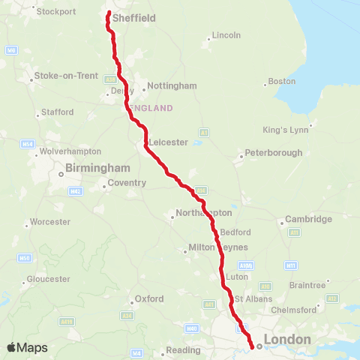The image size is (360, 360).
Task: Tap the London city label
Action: tap(287, 340)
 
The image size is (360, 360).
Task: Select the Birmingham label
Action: tap(98, 168)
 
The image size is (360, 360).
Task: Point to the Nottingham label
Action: tap(172, 85)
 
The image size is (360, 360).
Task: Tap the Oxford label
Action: tap(148, 298)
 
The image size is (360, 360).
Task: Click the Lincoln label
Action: tap(226, 35)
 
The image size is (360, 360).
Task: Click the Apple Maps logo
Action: tap(27, 347)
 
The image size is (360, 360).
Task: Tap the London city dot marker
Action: tap(257, 346)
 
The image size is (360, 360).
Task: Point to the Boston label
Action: tap(281, 81)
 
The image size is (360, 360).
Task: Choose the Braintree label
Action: tap(307, 285)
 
